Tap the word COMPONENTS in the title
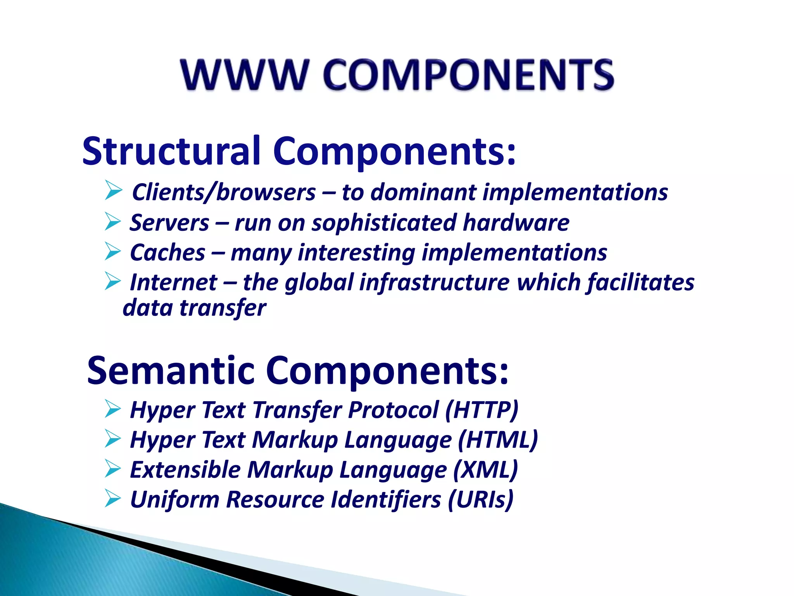click(x=468, y=74)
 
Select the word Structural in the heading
click(x=171, y=151)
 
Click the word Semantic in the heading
click(x=171, y=371)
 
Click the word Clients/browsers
click(x=224, y=192)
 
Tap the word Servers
click(x=169, y=223)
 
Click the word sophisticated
click(x=384, y=223)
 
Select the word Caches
click(x=167, y=253)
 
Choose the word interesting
click(x=356, y=253)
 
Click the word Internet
click(x=173, y=282)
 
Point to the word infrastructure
click(x=434, y=282)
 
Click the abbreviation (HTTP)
click(x=482, y=410)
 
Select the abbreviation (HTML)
click(x=498, y=440)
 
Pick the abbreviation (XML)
click(x=485, y=470)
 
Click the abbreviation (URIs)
click(x=481, y=499)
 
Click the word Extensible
click(x=185, y=470)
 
